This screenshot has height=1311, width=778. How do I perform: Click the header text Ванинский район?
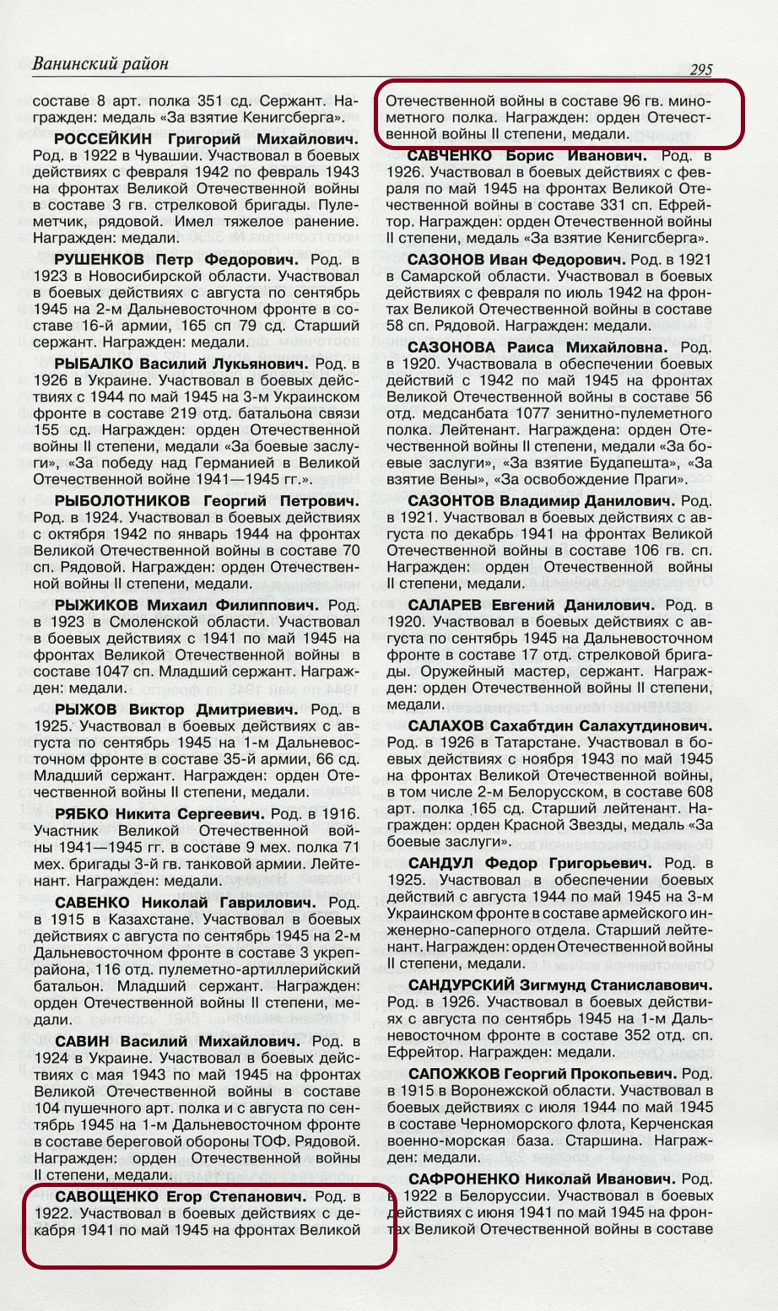pos(100,64)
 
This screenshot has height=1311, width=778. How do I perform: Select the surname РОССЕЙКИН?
pos(105,138)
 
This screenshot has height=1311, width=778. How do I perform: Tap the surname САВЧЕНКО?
pos(451,156)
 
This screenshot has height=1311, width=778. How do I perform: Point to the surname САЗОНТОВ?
pos(457,501)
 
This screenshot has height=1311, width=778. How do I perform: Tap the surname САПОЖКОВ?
pos(455,1074)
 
